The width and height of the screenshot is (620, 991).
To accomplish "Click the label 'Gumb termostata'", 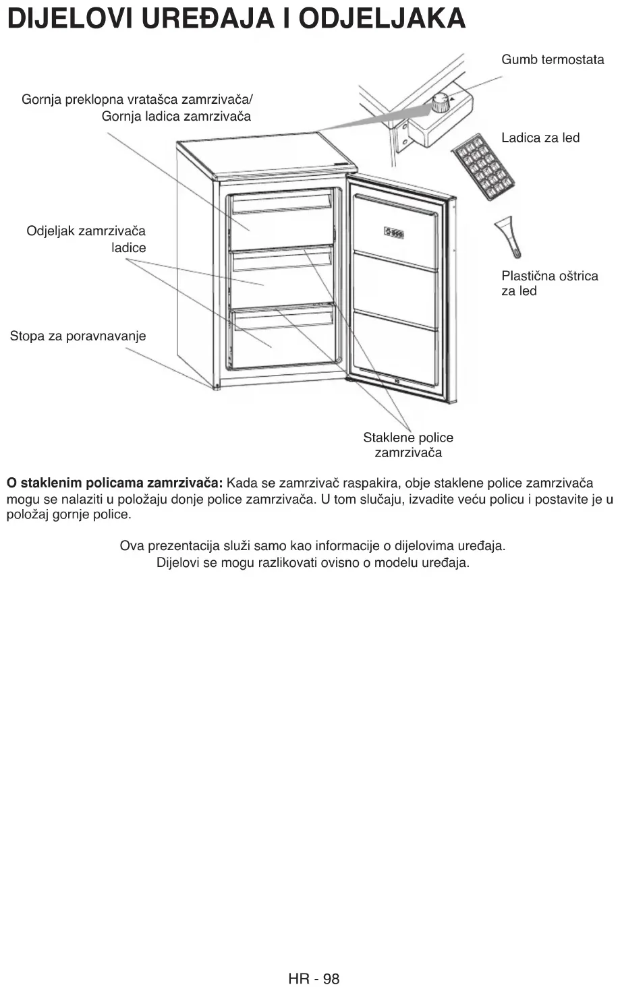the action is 553,60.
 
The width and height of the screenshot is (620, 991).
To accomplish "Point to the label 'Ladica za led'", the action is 540,138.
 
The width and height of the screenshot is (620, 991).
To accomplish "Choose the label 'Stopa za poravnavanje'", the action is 78,336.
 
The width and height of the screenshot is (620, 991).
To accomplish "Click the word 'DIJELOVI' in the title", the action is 61,19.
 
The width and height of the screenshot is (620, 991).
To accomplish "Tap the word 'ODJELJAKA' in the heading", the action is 382,19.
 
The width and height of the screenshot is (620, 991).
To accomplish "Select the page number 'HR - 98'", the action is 314,978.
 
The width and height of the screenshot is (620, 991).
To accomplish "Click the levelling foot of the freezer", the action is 216,388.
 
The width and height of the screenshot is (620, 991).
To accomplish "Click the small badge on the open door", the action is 394,233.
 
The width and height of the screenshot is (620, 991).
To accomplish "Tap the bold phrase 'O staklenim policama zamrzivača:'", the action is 115,483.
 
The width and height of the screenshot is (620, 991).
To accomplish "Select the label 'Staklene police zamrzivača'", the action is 408,445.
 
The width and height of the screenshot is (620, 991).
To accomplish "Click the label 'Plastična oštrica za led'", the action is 549,283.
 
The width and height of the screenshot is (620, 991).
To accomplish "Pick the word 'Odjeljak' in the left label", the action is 51,231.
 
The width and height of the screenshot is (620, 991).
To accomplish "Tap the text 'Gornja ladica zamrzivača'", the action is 176,117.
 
